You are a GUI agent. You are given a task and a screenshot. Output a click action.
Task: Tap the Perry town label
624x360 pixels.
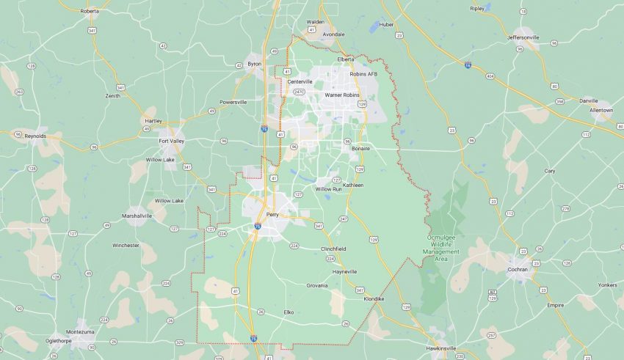click(272, 215)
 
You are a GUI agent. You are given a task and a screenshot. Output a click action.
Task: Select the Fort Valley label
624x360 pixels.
click(171, 141)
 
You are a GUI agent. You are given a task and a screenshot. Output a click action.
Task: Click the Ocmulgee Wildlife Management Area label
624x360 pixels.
click(441, 245)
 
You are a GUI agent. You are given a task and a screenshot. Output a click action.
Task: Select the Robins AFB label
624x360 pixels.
click(363, 74)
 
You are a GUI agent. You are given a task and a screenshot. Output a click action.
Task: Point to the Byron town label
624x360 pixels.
click(255, 64)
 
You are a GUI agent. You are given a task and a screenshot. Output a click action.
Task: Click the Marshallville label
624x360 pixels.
click(137, 216)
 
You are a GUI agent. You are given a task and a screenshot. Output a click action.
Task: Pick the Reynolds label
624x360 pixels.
click(35, 136)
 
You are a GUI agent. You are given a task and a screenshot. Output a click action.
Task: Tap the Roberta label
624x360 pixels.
click(90, 11)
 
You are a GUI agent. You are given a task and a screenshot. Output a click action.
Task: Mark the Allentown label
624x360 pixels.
click(601, 110)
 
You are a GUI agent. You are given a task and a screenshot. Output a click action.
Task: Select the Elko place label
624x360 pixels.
click(289, 312)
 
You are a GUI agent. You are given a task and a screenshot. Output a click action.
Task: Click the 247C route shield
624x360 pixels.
click(299, 92)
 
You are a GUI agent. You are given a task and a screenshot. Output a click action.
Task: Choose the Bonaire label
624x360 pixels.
click(360, 148)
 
